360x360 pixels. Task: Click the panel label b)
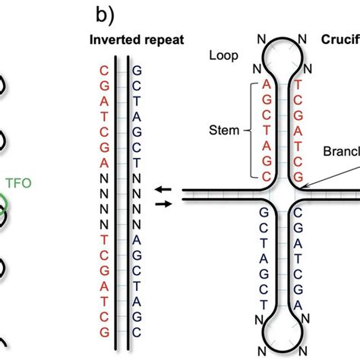pyautogui.click(x=105, y=14)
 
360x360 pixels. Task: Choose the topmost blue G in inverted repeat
pyautogui.click(x=136, y=70)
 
